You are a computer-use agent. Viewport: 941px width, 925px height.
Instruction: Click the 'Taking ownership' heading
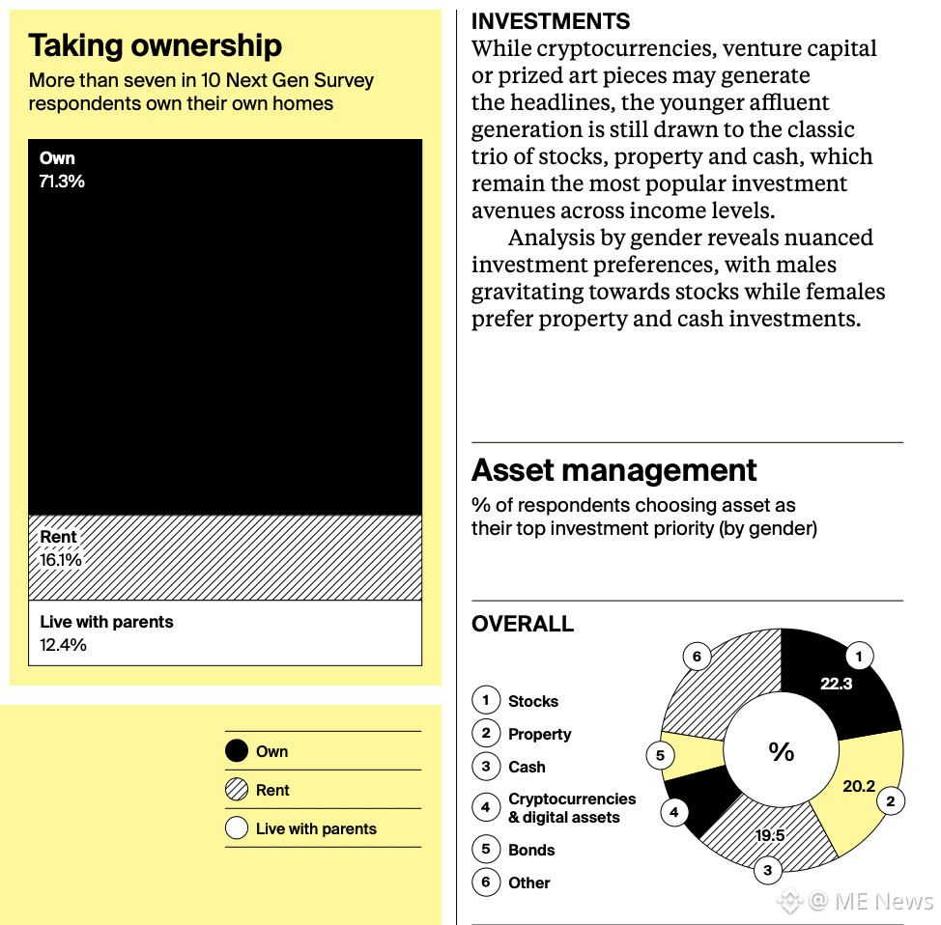[x=155, y=45]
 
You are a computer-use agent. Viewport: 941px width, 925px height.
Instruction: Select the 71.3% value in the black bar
[x=62, y=182]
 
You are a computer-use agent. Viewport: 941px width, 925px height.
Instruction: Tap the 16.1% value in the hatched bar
[x=61, y=560]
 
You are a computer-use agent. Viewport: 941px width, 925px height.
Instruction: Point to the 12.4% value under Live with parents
[x=64, y=645]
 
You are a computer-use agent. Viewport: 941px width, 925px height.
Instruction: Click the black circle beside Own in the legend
[x=237, y=751]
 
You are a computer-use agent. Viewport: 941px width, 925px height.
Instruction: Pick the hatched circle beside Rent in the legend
[x=237, y=790]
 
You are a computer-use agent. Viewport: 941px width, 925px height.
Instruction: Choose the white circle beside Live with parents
[x=237, y=828]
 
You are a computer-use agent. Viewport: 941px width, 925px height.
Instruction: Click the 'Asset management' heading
[x=613, y=470]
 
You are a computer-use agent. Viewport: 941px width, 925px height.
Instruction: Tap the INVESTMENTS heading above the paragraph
[x=551, y=21]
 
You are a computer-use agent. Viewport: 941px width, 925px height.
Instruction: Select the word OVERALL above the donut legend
[x=523, y=625]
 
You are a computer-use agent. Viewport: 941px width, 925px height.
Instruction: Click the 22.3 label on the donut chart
[x=836, y=684]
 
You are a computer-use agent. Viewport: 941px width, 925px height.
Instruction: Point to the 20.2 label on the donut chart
[x=858, y=786]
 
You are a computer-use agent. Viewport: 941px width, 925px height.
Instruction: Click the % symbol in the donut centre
[x=781, y=752]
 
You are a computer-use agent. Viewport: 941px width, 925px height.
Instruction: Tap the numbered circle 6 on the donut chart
[x=697, y=658]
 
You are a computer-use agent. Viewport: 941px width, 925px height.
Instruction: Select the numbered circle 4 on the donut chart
[x=673, y=812]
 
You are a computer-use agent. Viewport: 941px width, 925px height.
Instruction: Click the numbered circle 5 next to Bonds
[x=486, y=850]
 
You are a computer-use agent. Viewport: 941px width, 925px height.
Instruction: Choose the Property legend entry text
[x=540, y=734]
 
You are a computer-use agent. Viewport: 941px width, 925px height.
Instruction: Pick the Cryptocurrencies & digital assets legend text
[x=572, y=808]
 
